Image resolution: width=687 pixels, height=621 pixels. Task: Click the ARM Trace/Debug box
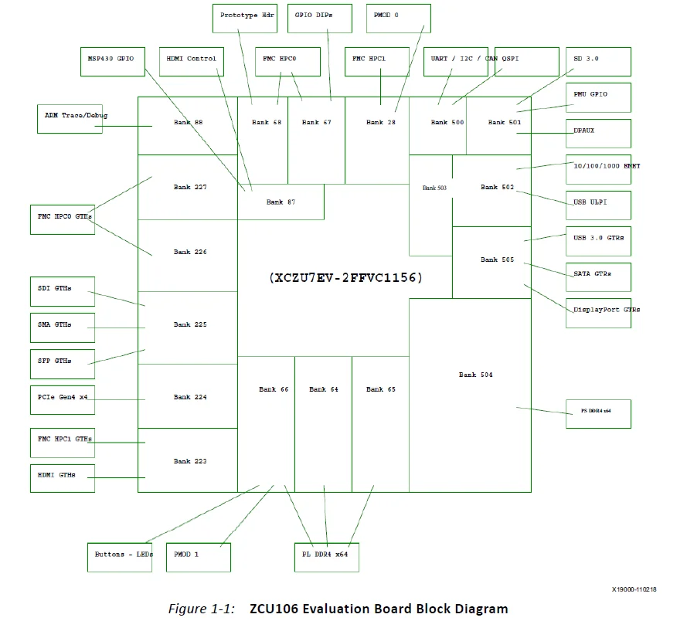pos(70,119)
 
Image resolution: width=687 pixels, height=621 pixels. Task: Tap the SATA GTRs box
pos(598,277)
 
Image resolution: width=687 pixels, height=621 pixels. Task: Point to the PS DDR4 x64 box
pos(598,413)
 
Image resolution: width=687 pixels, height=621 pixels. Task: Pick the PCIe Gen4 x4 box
pos(63,399)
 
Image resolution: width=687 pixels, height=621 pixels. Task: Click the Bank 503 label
pos(434,188)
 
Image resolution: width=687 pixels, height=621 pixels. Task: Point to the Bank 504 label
pos(475,375)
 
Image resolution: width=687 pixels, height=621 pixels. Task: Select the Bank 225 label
pos(190,325)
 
